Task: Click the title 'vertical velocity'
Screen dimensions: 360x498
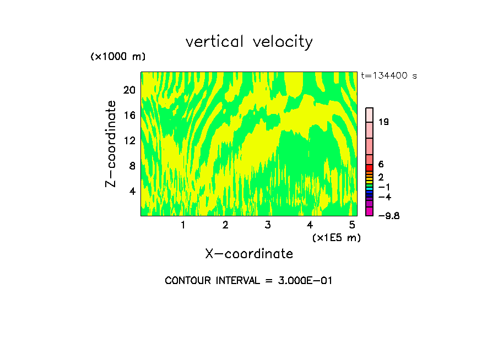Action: [x=249, y=42]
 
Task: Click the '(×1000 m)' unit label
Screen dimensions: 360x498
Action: [x=117, y=57]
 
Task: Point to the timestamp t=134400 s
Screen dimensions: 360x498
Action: [x=389, y=76]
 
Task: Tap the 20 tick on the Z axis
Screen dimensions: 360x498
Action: [x=129, y=90]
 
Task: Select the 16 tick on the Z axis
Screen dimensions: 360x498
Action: [x=129, y=115]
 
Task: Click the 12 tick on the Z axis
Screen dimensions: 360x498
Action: [x=129, y=140]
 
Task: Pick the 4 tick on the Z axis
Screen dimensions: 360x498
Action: [x=132, y=191]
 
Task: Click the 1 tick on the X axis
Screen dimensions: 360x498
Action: [x=183, y=225]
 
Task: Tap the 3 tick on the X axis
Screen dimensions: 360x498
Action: [x=268, y=225]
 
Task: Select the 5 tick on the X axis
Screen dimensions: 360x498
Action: [x=352, y=225]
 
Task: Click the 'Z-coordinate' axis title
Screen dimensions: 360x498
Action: [x=111, y=144]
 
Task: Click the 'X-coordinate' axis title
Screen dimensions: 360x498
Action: [x=249, y=254]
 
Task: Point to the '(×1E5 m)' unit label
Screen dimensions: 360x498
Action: [x=336, y=238]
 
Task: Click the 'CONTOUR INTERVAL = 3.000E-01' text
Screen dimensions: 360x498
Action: [x=248, y=281]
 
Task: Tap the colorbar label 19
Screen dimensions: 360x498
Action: [x=384, y=122]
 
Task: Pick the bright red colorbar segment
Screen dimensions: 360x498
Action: [x=370, y=167]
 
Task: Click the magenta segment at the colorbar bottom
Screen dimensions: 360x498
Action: [x=370, y=211]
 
